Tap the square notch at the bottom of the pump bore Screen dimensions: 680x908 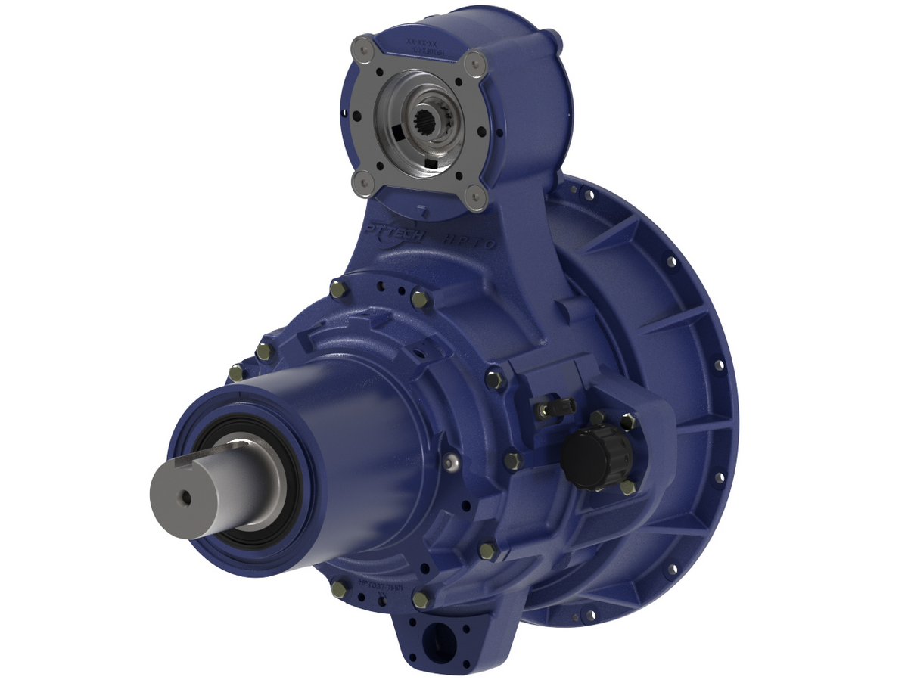click(x=430, y=163)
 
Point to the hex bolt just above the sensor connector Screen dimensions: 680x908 click(x=496, y=377)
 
